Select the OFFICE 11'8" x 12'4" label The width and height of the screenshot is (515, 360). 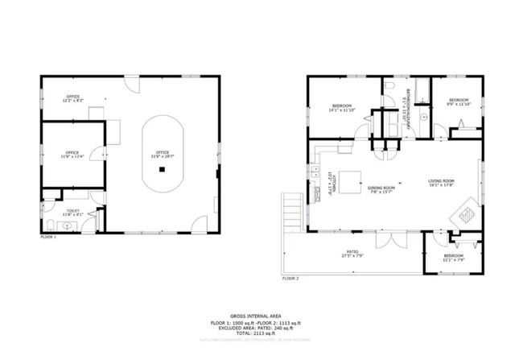click(72, 154)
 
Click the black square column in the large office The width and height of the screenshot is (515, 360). click(163, 170)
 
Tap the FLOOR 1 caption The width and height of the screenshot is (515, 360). click(49, 238)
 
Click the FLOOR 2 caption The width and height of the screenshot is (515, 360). click(290, 279)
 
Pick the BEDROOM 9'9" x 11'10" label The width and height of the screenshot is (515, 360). click(458, 101)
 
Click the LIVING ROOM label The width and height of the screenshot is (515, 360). click(442, 182)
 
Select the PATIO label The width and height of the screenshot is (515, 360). click(353, 254)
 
